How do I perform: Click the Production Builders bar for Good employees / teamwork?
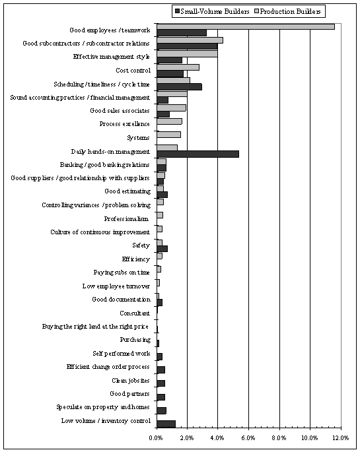pyautogui.click(x=246, y=26)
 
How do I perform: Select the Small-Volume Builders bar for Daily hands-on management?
pyautogui.click(x=198, y=154)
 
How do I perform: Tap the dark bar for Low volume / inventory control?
pyautogui.click(x=166, y=424)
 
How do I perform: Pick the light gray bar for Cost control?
pyautogui.click(x=178, y=67)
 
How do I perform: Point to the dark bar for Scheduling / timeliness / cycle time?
pyautogui.click(x=180, y=86)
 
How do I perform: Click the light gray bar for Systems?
pyautogui.click(x=168, y=135)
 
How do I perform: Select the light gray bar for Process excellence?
pyautogui.click(x=169, y=121)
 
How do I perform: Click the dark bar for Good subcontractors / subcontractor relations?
pyautogui.click(x=187, y=46)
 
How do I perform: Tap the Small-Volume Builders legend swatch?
pyautogui.click(x=177, y=11)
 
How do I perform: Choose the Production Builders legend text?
pyautogui.click(x=290, y=11)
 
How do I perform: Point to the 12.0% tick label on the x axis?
pyautogui.click(x=341, y=438)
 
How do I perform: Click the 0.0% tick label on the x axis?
pyautogui.click(x=157, y=438)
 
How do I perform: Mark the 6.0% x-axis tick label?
pyautogui.click(x=248, y=438)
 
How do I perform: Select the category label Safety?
pyautogui.click(x=141, y=245)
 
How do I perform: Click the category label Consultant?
pyautogui.click(x=135, y=313)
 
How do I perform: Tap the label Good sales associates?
pyautogui.click(x=120, y=111)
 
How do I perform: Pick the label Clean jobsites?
pyautogui.click(x=131, y=381)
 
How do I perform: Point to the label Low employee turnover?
pyautogui.click(x=116, y=286)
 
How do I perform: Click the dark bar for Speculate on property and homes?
pyautogui.click(x=162, y=410)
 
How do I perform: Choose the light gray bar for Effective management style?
pyautogui.click(x=187, y=54)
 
